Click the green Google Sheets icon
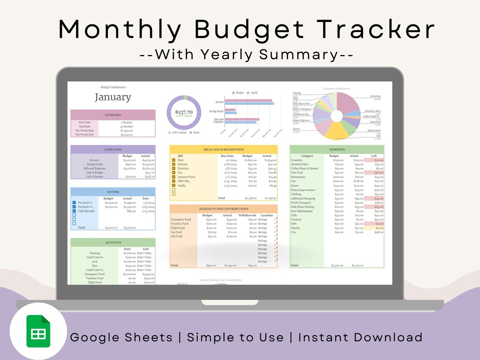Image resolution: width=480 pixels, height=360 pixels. coord(38,331)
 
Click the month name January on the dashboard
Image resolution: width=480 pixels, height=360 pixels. coord(113,97)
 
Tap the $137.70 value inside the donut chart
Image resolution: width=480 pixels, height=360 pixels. coord(184,112)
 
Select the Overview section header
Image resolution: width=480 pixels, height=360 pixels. coord(113,115)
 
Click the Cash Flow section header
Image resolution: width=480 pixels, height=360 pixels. coord(113,150)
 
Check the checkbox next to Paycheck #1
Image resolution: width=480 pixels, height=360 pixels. coord(74,203)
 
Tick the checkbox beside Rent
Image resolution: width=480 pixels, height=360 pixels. coord(174,160)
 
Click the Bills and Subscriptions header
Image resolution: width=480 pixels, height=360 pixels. coord(224,150)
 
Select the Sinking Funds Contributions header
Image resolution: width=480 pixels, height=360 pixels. coord(224,209)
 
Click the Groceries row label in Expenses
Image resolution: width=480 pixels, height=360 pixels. coord(296,160)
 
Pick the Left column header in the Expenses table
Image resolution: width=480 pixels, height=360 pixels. coord(374,156)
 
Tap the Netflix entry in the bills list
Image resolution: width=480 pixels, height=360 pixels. coord(182,186)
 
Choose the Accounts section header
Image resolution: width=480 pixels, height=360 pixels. coord(113,243)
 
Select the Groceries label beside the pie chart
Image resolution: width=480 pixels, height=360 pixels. coord(375,96)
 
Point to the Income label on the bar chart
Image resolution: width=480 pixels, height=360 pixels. coord(219,102)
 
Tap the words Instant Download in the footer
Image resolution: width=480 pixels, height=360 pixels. coord(360,337)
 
